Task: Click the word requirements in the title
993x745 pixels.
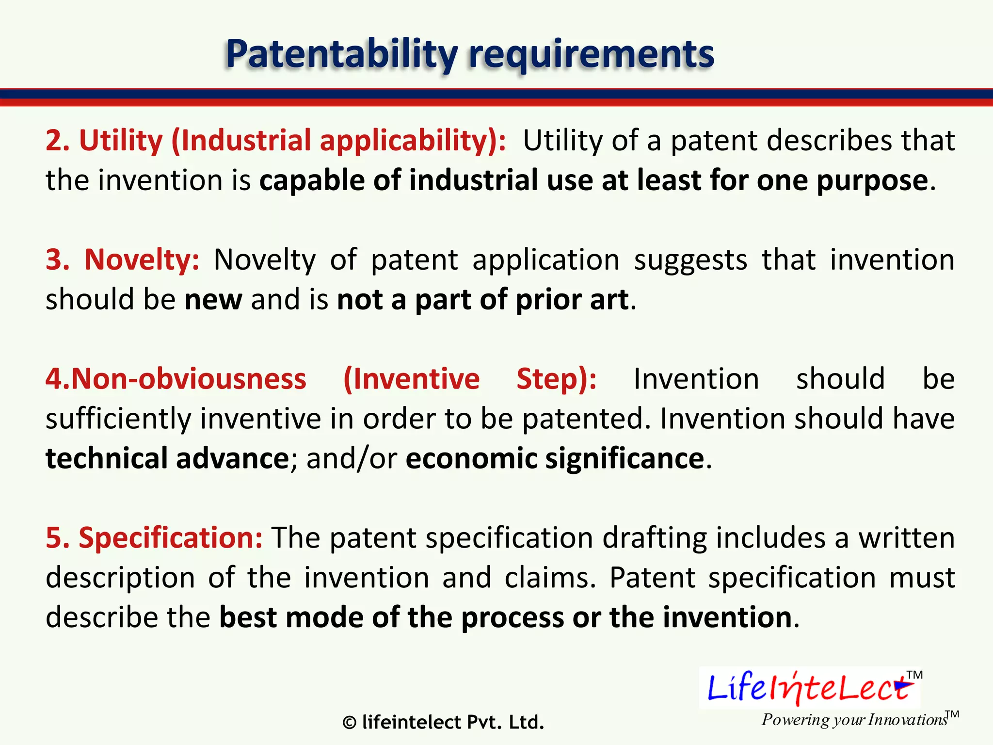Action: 591,54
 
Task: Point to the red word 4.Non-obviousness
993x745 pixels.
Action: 176,379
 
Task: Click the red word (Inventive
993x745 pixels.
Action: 411,379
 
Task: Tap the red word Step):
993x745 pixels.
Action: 556,379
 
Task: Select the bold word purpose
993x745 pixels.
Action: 872,180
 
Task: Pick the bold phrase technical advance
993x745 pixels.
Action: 167,458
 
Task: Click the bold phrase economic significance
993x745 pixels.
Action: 555,458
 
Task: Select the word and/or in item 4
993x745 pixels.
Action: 352,458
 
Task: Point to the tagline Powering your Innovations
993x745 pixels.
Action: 854,719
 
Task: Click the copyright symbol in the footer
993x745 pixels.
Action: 349,723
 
